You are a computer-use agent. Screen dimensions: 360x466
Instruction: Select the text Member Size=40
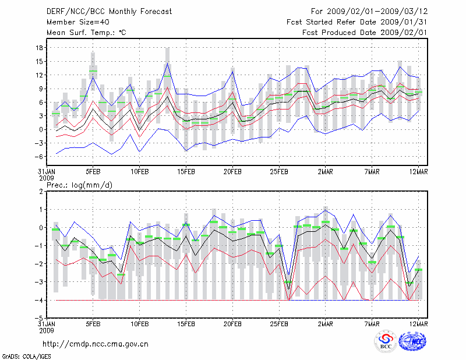[73, 22]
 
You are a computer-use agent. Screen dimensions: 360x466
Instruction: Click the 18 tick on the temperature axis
[40, 48]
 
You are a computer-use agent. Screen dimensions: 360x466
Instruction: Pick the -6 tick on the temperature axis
[40, 156]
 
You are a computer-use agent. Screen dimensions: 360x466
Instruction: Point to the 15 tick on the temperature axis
[40, 61]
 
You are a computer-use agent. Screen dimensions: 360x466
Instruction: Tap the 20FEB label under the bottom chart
[232, 323]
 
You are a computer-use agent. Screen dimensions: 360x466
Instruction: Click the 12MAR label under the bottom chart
[419, 323]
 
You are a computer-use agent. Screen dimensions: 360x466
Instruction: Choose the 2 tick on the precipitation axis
[41, 191]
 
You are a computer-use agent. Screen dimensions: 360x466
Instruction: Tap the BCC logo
[386, 341]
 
